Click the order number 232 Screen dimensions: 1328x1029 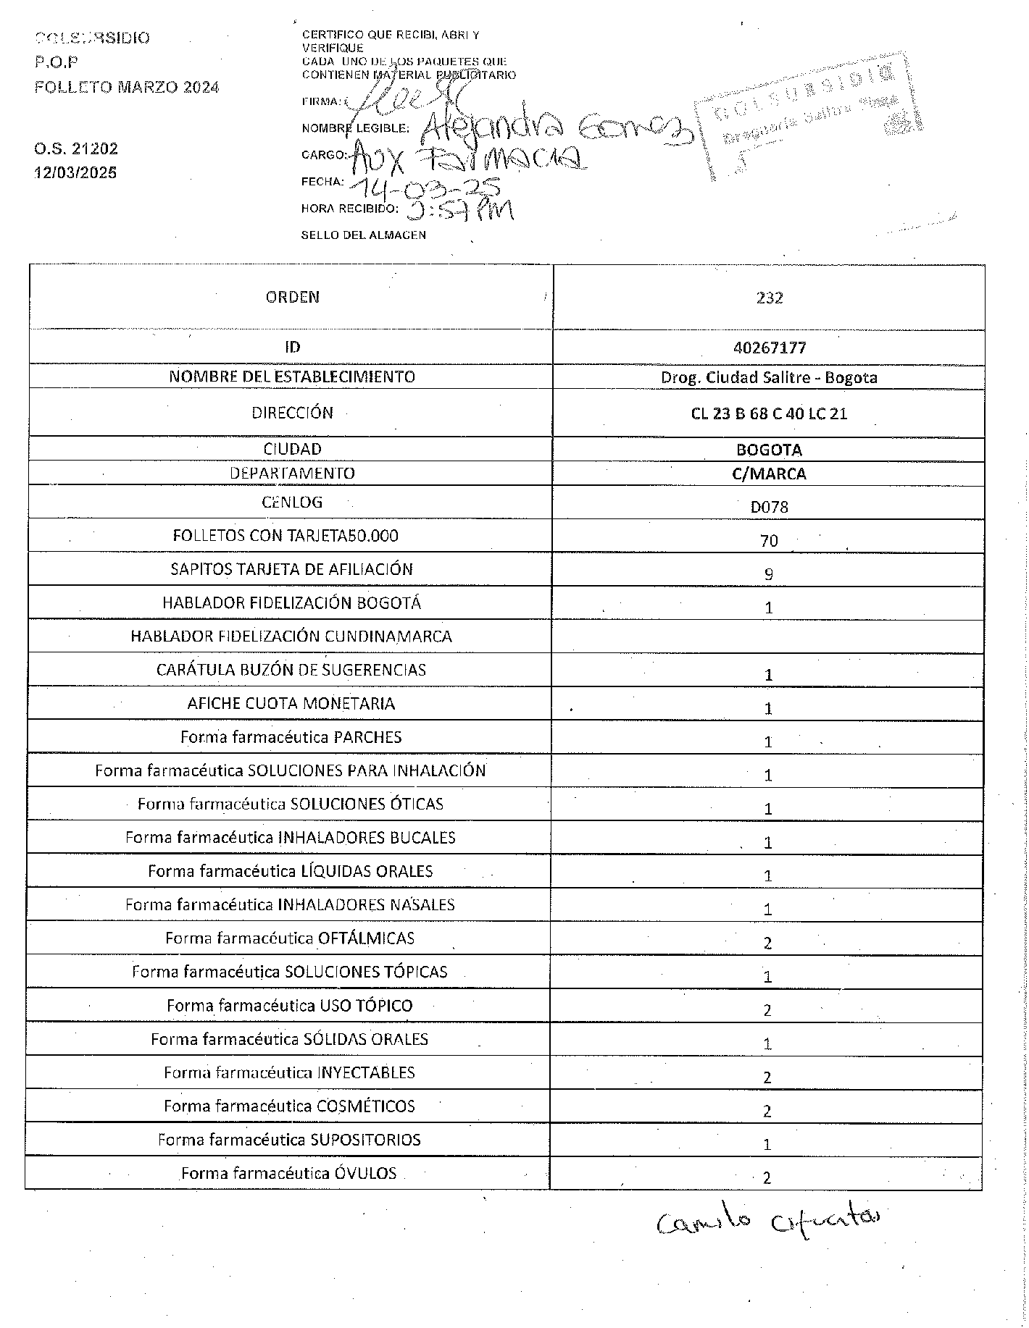(769, 298)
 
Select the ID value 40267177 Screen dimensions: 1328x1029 (769, 348)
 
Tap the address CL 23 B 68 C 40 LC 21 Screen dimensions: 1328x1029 (769, 414)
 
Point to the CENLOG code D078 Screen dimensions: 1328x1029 (769, 507)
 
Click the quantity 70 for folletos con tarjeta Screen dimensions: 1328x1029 (769, 540)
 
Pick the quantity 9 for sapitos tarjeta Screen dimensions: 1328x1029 (769, 574)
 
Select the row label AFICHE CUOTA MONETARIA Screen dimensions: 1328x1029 (291, 703)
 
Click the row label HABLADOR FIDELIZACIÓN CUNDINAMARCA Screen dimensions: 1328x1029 (291, 636)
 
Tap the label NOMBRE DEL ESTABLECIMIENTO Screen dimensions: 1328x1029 (292, 377)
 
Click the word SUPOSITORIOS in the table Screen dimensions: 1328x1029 (365, 1140)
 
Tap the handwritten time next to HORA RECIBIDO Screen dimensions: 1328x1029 (459, 211)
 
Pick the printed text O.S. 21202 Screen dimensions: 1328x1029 (76, 148)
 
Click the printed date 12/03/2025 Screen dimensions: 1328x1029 (76, 172)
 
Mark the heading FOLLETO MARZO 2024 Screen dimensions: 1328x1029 (127, 87)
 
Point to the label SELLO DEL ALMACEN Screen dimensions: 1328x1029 (364, 235)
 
